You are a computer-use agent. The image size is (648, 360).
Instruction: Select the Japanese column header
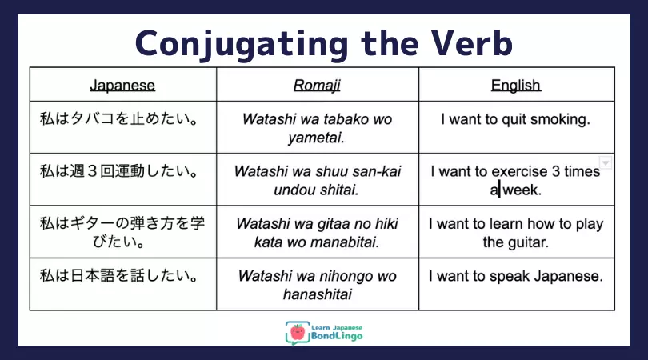pos(122,85)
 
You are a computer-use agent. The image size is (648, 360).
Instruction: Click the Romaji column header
pos(317,86)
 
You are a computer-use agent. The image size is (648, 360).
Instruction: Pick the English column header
pos(516,85)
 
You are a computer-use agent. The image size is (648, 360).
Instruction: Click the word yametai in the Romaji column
pos(317,138)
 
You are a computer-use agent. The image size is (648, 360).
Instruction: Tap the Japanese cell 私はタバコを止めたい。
pos(119,118)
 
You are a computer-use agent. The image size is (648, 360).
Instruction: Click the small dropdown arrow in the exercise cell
pos(606,163)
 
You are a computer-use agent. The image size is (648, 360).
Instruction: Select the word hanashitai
pos(318,294)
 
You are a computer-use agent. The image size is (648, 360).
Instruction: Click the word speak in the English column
pos(509,276)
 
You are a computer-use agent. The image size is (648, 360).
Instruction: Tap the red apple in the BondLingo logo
pos(297,332)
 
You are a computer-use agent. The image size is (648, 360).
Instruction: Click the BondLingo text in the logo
pos(337,336)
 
